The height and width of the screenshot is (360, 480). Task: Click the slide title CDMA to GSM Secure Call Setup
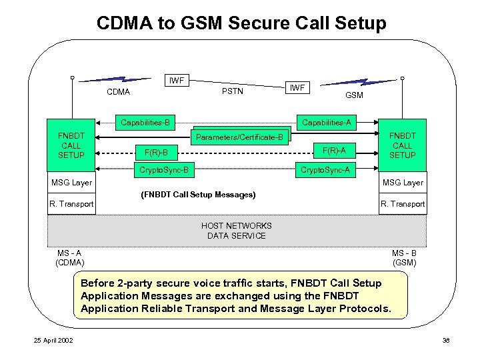click(241, 23)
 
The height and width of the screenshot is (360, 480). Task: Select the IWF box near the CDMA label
click(177, 81)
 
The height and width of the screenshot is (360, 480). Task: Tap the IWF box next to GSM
click(297, 87)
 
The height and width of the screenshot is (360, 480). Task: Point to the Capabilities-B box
click(144, 123)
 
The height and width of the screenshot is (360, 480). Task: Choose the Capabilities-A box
click(327, 123)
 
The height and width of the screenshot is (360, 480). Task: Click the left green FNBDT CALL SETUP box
click(71, 145)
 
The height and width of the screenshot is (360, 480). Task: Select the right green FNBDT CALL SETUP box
click(402, 145)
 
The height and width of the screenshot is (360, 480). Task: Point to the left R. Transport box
click(71, 204)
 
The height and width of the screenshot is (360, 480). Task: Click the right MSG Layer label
click(402, 182)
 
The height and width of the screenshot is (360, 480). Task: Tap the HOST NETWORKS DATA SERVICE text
click(236, 231)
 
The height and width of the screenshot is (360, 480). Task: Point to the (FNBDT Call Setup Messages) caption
click(198, 195)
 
